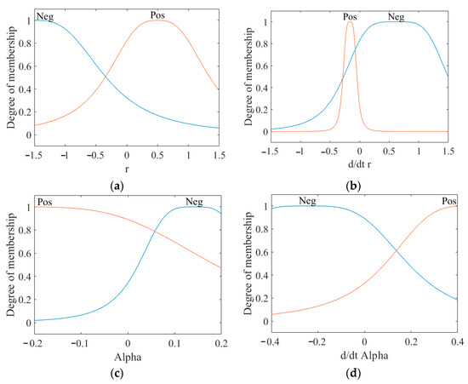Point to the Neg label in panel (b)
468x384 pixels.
(x=397, y=15)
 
